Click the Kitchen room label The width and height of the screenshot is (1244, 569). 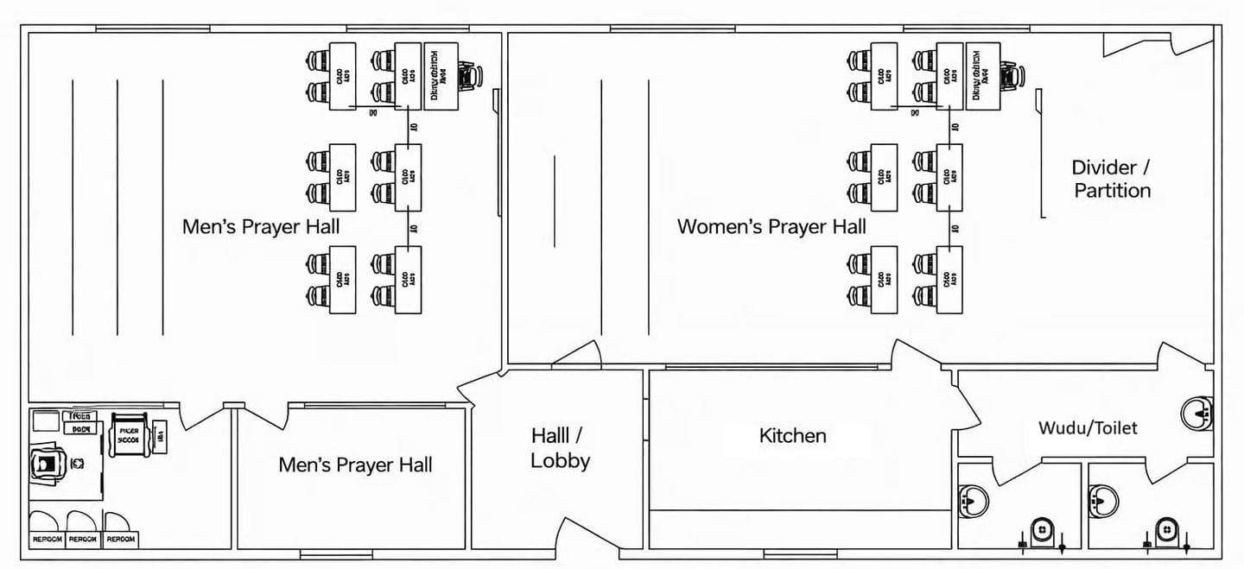[x=792, y=436]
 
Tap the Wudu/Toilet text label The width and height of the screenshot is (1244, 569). [x=1088, y=427]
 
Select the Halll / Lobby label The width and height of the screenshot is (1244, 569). [x=560, y=448]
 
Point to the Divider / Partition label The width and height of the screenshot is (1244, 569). [x=1112, y=179]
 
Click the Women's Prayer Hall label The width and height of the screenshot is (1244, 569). [x=771, y=227]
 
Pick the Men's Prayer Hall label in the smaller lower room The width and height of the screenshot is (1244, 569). [x=355, y=465]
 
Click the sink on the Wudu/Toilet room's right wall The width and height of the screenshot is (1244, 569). [x=1198, y=413]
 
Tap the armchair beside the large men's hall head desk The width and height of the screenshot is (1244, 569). [x=469, y=76]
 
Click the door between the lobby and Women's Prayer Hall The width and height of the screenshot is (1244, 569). [x=577, y=355]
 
